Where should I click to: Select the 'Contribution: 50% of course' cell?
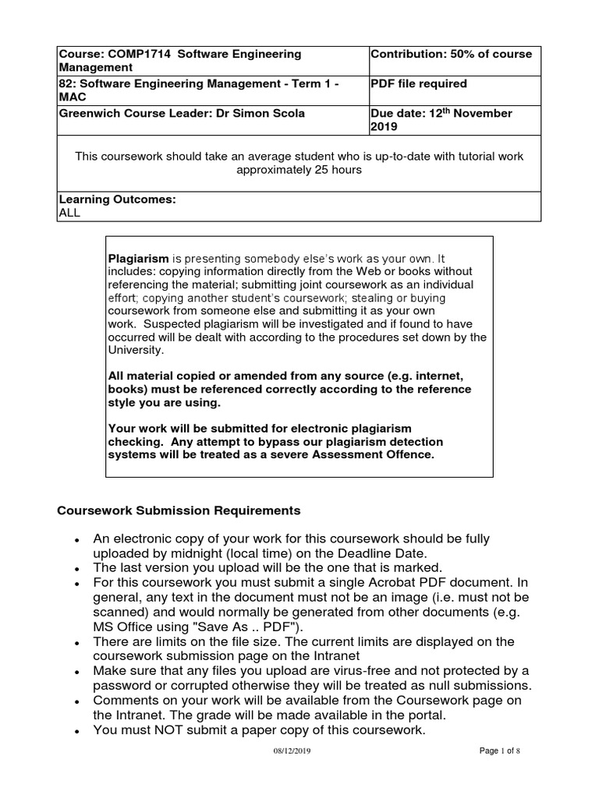tap(451, 54)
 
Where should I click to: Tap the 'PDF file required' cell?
tap(419, 83)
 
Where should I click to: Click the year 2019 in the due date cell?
tap(385, 126)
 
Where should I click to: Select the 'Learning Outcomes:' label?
tap(117, 199)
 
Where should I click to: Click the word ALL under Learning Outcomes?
tap(69, 212)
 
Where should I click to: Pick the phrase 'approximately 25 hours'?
tap(299, 170)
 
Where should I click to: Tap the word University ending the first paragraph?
tap(133, 351)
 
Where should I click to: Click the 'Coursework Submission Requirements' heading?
tap(179, 511)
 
